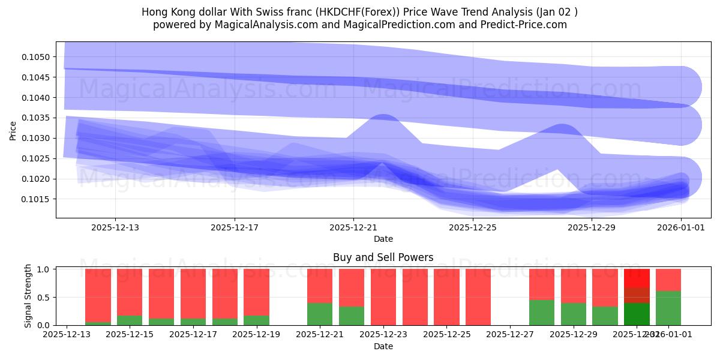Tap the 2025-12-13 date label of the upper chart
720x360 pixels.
click(x=115, y=228)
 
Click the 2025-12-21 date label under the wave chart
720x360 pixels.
click(x=353, y=228)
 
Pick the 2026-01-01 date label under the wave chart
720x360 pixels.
click(x=681, y=228)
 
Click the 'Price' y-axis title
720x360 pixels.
click(x=13, y=130)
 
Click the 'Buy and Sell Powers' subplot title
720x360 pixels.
click(x=383, y=257)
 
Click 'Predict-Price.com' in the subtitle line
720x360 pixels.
click(x=524, y=25)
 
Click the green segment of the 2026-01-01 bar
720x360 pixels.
click(x=668, y=308)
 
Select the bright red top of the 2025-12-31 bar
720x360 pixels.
click(x=637, y=278)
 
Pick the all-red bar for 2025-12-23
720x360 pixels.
click(x=383, y=297)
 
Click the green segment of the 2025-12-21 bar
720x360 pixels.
click(x=320, y=314)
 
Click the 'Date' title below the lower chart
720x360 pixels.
click(x=383, y=346)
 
